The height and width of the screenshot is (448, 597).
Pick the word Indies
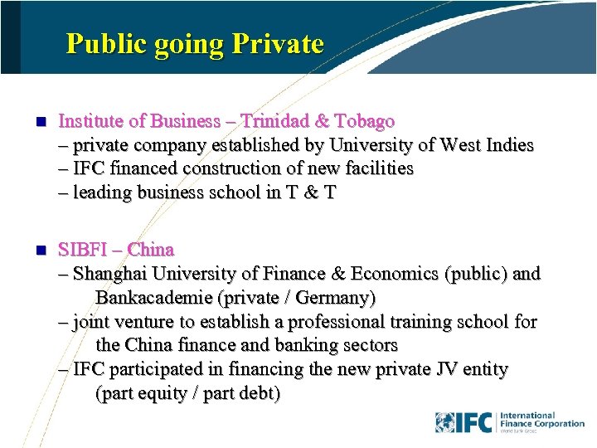508,145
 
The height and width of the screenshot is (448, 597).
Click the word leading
100,192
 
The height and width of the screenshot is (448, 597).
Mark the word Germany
337,297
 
